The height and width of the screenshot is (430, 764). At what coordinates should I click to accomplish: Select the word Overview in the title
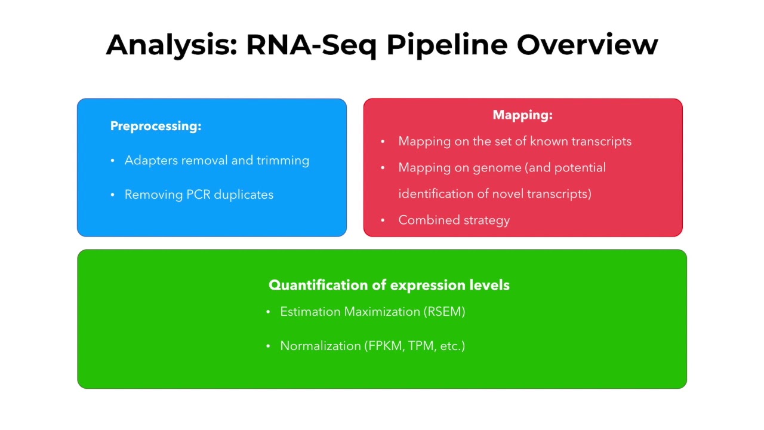coord(587,45)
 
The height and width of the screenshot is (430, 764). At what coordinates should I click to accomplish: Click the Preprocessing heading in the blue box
coord(156,126)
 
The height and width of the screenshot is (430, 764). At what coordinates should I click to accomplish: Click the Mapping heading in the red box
coord(522,115)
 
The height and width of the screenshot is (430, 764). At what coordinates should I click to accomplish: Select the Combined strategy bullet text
coord(454,220)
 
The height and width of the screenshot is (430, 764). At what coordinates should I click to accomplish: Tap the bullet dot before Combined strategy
coord(383,220)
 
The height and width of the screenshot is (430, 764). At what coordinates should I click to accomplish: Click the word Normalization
coord(321,346)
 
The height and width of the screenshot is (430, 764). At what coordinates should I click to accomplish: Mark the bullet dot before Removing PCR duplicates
coord(112,195)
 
